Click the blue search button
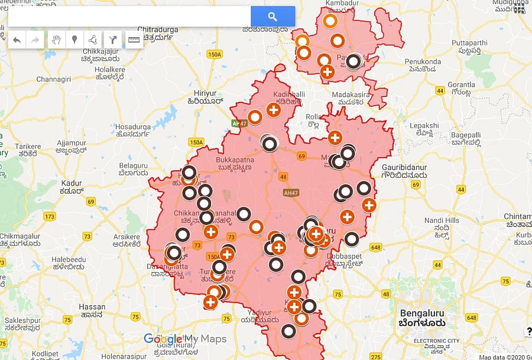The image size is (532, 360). pyautogui.click(x=273, y=17)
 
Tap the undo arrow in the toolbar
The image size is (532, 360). pyautogui.click(x=17, y=40)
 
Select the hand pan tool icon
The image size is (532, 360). pyautogui.click(x=57, y=40)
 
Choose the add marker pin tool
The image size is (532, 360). pyautogui.click(x=74, y=40)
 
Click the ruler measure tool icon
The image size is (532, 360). pyautogui.click(x=134, y=40)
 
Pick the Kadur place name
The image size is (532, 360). pyautogui.click(x=72, y=187)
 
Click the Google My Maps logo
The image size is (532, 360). pyautogui.click(x=184, y=339)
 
